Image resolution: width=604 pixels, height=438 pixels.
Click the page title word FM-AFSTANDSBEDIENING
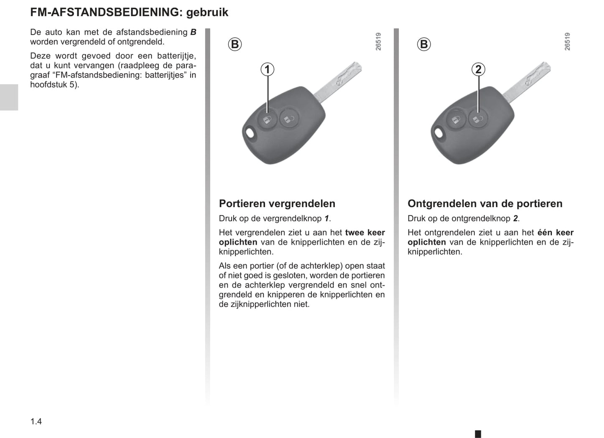point(106,12)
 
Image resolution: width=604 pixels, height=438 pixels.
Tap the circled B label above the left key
point(235,44)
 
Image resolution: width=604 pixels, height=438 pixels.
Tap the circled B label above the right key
point(423,44)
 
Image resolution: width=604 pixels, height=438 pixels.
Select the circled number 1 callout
point(268,69)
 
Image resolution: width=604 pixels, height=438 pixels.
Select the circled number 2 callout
point(478,69)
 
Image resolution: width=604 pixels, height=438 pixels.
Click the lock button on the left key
point(267,120)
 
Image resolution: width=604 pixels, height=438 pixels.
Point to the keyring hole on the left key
point(250,133)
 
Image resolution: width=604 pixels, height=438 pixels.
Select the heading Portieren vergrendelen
point(277,204)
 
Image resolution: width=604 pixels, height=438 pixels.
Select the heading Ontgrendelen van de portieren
point(485,204)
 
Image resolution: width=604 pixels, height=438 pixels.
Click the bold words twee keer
point(364,233)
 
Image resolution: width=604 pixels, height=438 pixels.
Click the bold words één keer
point(555,233)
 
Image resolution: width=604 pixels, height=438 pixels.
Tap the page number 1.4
point(36,421)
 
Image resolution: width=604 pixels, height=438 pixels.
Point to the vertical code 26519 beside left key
point(378,42)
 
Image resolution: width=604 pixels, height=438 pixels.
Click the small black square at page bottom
point(478,434)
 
